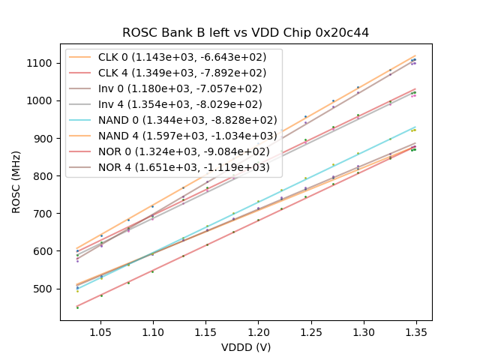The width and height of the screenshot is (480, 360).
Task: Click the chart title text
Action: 246,33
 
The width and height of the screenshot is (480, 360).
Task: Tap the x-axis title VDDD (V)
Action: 246,347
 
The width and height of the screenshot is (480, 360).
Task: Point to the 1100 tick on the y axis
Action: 41,63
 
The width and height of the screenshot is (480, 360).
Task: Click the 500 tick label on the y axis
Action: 44,289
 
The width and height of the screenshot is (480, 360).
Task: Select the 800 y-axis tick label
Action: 44,175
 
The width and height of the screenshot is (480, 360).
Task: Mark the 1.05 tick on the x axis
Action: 100,329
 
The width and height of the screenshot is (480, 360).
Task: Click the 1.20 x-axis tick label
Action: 258,329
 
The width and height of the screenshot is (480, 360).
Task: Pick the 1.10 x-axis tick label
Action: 153,329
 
